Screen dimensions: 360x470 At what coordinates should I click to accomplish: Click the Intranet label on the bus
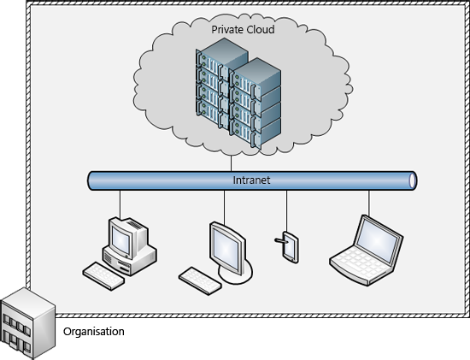coord(252,180)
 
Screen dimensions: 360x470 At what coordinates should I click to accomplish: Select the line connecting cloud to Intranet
coord(231,162)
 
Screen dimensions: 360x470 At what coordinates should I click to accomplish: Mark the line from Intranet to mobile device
coord(286,210)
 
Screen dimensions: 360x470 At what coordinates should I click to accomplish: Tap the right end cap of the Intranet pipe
coord(413,180)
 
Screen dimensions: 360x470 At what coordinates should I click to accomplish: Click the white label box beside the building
coord(94,331)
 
